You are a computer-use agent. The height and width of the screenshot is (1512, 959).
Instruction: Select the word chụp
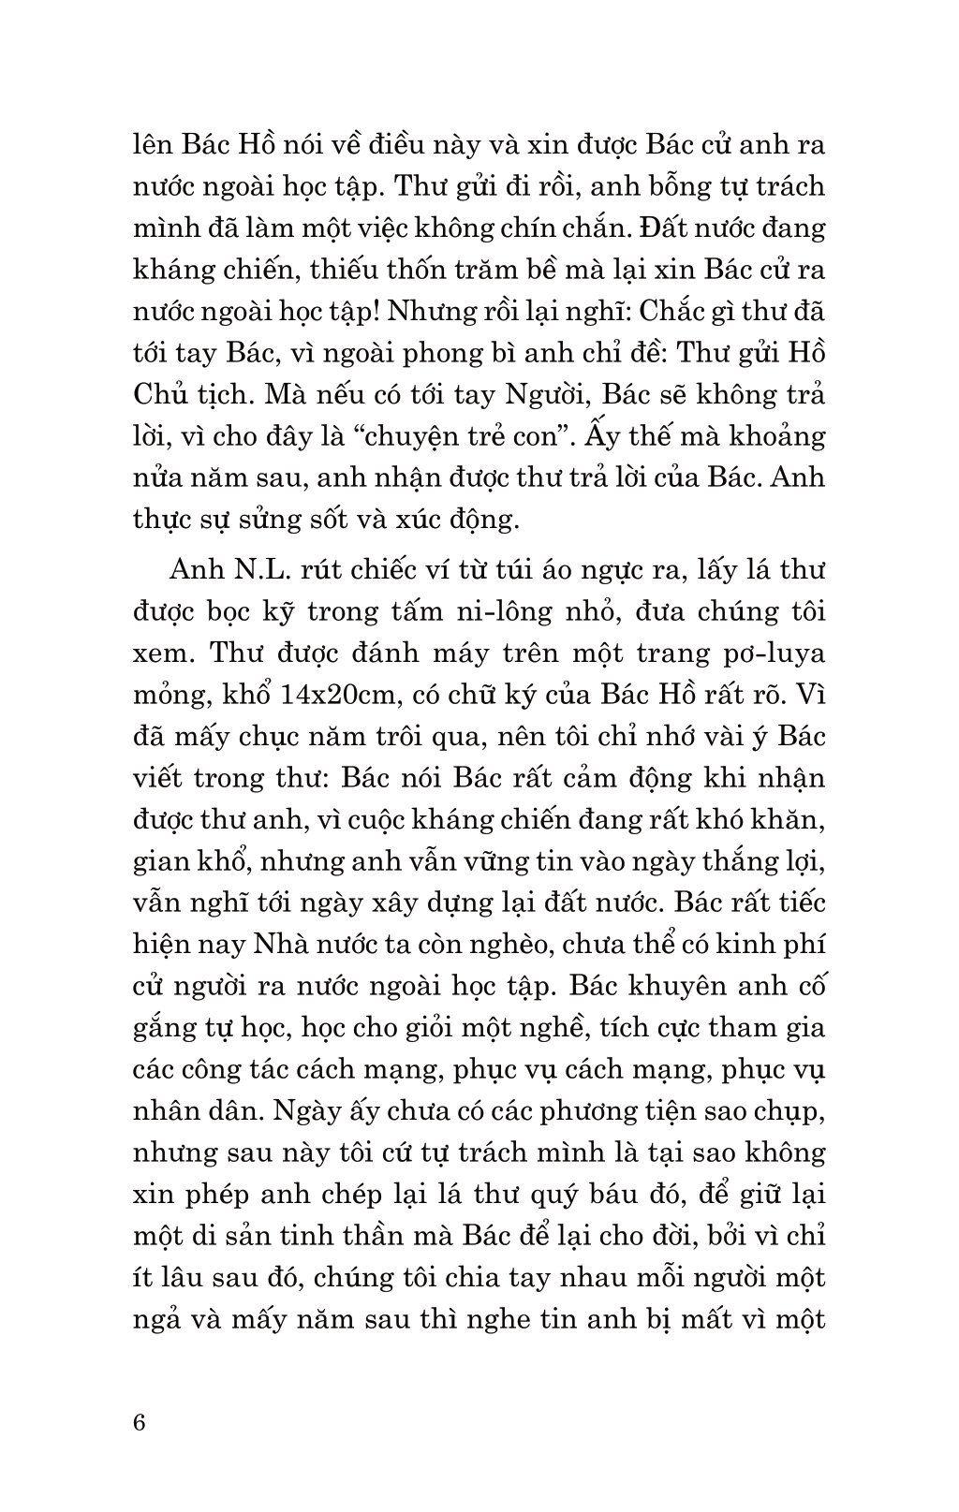pyautogui.click(x=791, y=1111)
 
